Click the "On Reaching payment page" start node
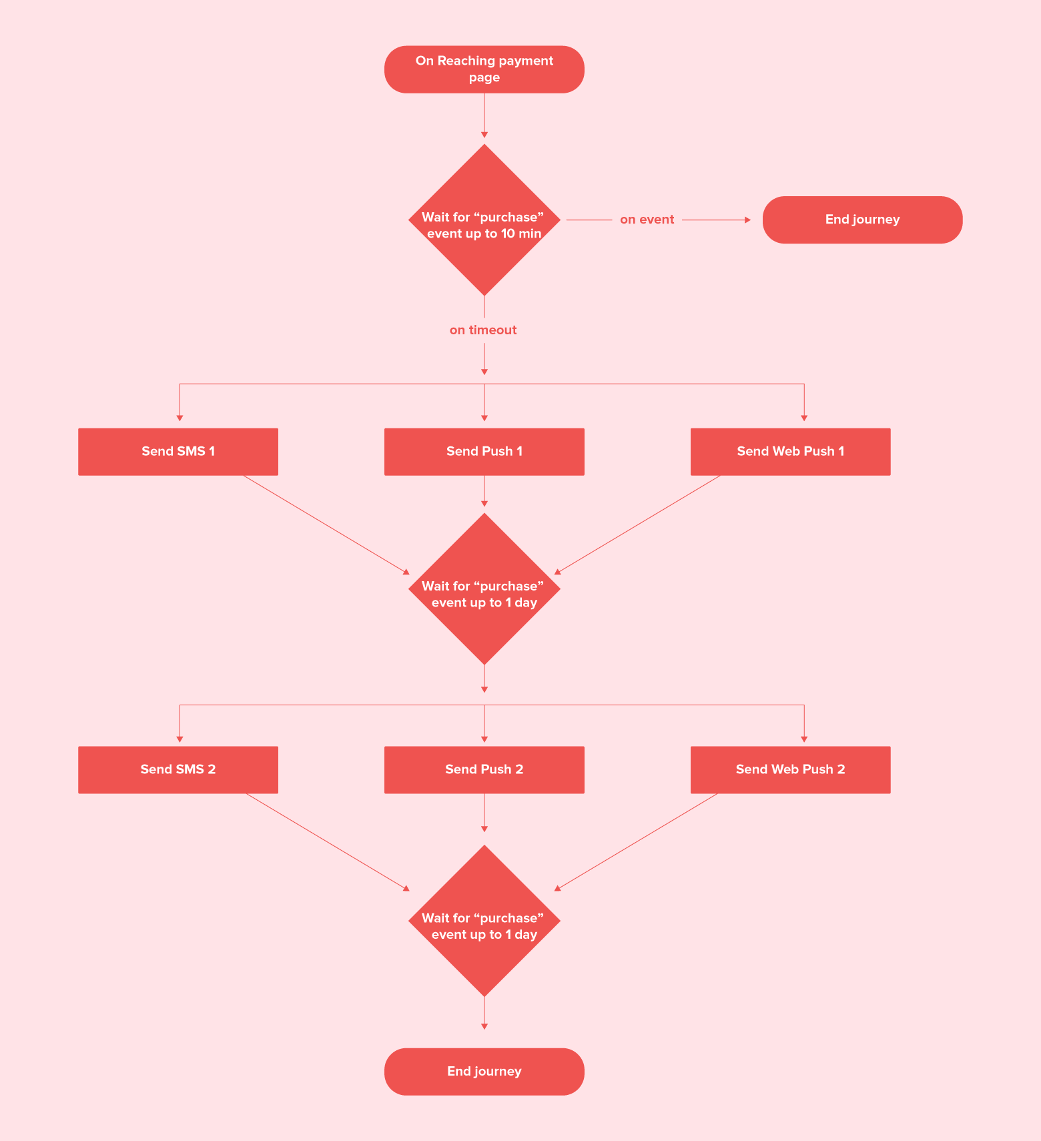tap(484, 69)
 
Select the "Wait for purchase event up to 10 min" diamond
tap(484, 220)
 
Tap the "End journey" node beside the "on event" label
tap(862, 220)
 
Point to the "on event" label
tap(647, 220)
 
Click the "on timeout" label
tap(483, 330)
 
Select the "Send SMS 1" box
tap(178, 452)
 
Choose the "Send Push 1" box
tap(484, 452)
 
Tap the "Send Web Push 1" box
tap(790, 452)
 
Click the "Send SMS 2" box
tap(178, 769)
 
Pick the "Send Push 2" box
tap(484, 769)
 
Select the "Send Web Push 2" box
tap(790, 769)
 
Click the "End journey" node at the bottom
tap(484, 1071)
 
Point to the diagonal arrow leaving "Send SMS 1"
tap(326, 524)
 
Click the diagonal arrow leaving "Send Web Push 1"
tap(638, 524)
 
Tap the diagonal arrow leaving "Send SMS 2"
tap(328, 841)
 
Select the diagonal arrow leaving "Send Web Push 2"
tap(637, 841)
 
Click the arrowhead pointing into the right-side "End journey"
tap(747, 220)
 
